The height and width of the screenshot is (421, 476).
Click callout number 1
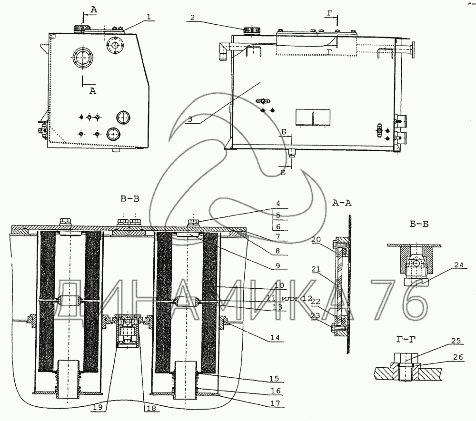pos(149,17)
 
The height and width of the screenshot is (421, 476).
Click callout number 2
pos(192,18)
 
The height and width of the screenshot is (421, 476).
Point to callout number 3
pos(190,119)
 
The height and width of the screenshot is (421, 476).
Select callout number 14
pos(275,338)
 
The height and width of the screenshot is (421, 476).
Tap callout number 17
pos(275,403)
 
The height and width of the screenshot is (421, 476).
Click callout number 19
pos(98,407)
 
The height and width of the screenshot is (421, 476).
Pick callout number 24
pos(459,265)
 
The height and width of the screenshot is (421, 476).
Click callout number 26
pos(458,357)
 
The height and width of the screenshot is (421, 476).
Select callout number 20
pos(316,240)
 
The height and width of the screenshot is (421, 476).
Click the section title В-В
pos(130,199)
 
